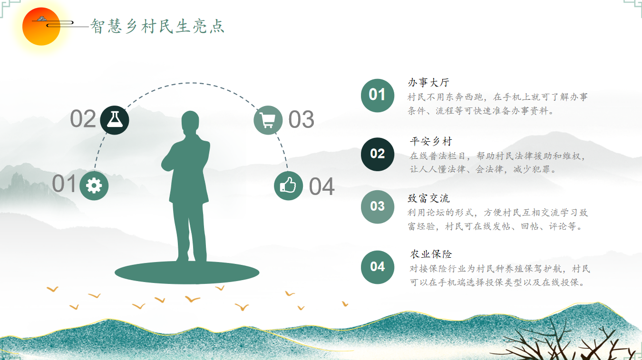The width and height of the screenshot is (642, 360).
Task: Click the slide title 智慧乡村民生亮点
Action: coord(157,26)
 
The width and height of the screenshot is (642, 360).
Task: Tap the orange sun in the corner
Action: coord(41,27)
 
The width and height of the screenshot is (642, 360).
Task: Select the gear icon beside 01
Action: coord(94,185)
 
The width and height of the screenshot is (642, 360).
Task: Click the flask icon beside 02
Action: coord(115,120)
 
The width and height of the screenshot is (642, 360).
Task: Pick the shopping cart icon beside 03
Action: coord(268,120)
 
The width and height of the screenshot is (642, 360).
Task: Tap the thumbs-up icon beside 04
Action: coord(288,185)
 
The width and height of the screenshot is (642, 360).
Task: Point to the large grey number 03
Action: coord(301,120)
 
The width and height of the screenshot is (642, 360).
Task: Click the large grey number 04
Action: coord(322,187)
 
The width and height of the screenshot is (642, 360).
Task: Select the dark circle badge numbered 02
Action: coord(378,154)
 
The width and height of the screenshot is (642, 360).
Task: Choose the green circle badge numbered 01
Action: coord(378,95)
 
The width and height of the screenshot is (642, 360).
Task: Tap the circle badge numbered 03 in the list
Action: coord(378,206)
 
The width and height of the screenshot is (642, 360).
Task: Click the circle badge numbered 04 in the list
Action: coord(378,267)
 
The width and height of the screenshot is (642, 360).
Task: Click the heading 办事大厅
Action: coord(428,82)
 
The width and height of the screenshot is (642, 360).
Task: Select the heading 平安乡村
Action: coord(431,141)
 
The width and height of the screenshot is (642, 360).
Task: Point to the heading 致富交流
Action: coord(428,198)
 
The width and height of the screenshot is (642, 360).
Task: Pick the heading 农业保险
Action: coord(431,254)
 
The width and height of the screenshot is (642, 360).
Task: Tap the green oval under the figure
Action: coord(187,273)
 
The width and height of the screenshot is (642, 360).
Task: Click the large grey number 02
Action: coord(83,119)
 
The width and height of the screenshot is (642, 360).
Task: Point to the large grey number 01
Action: coord(64,184)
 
